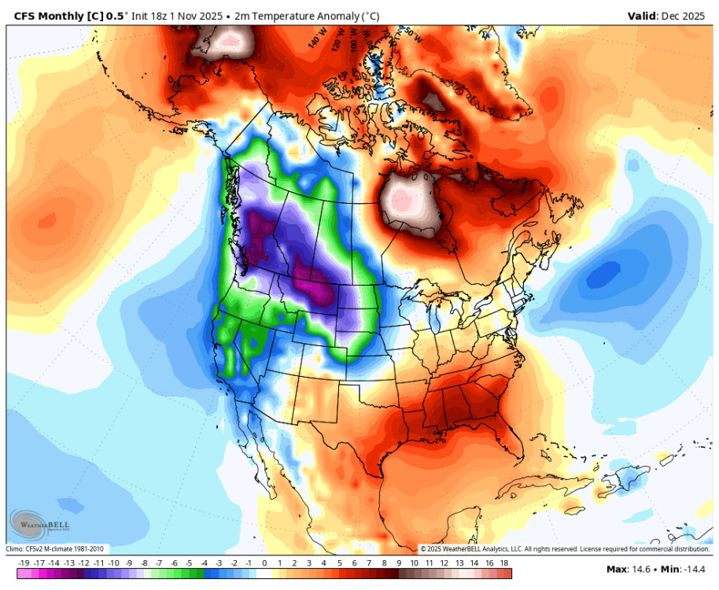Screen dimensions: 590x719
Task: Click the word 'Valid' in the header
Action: point(641,16)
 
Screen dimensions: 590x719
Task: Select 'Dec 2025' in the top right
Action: point(687,16)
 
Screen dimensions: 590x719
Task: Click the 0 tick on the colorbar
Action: point(264,563)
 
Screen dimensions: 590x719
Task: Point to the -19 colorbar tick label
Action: point(24,563)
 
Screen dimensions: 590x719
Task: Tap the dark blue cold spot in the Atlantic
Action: point(604,275)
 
